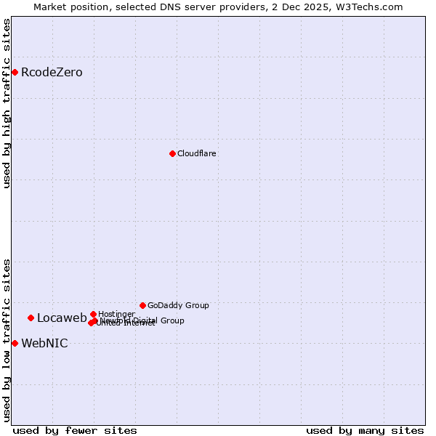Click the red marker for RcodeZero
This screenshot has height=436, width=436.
click(x=15, y=72)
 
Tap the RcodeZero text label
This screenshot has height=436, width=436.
click(x=52, y=73)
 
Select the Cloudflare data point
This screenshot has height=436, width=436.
click(x=172, y=153)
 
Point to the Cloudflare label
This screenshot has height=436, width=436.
click(x=197, y=154)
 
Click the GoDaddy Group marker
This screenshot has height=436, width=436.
click(x=142, y=305)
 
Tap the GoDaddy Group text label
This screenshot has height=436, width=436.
click(x=178, y=306)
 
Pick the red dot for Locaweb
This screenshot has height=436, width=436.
click(x=31, y=318)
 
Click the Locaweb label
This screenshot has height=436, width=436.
click(x=62, y=318)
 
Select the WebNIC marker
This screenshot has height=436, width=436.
click(x=15, y=343)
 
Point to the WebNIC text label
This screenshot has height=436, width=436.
click(x=44, y=344)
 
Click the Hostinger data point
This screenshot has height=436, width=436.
click(x=93, y=314)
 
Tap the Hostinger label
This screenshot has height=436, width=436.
click(x=116, y=315)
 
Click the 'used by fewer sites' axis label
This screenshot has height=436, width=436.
click(x=75, y=430)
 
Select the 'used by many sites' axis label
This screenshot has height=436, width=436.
click(x=365, y=430)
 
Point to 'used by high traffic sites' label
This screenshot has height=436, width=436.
click(x=7, y=103)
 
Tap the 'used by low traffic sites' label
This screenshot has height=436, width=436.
click(x=7, y=339)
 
